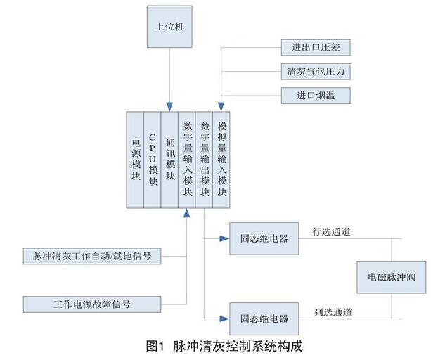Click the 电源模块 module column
136,159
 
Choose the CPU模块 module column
153,159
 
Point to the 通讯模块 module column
170,159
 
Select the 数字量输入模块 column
187,159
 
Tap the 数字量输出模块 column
205,159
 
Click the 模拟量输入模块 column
221,159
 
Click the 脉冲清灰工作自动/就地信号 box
92,255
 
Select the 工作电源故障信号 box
92,304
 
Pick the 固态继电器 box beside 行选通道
264,238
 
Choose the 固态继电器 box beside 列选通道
264,319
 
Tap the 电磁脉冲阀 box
392,276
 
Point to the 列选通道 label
333,311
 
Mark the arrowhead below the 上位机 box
169,107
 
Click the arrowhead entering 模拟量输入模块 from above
221,107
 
